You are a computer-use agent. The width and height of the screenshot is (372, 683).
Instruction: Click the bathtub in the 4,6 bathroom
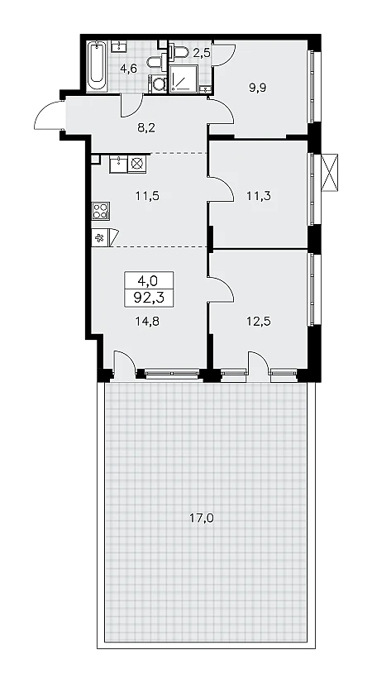(x=97, y=66)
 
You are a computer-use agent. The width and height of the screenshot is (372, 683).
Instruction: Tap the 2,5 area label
(x=201, y=54)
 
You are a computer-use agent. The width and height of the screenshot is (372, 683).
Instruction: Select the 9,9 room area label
(x=257, y=88)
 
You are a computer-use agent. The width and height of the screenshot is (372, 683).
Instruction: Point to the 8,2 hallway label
(x=147, y=127)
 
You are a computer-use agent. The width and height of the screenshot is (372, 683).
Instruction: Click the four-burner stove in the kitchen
(x=101, y=210)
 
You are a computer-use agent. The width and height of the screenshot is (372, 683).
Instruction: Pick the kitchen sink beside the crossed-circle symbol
(x=118, y=165)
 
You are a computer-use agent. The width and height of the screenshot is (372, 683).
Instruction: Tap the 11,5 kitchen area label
(x=147, y=196)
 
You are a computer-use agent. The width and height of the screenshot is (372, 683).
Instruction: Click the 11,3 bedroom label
(x=259, y=196)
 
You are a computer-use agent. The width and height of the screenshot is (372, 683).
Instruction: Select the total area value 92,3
(x=149, y=299)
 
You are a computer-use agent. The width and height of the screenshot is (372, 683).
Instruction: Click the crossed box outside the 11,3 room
(x=330, y=172)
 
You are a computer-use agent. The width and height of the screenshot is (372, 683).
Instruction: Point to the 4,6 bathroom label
(x=129, y=69)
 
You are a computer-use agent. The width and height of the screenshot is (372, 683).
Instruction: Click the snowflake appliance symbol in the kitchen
(x=100, y=238)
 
